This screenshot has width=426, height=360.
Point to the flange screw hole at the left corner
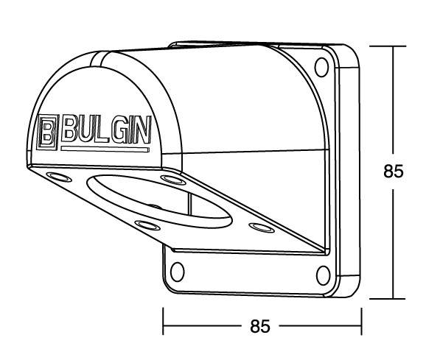pos(56,177)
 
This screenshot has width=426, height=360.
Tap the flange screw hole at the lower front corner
pos(146,225)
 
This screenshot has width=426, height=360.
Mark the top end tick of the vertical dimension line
pos(387,46)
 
